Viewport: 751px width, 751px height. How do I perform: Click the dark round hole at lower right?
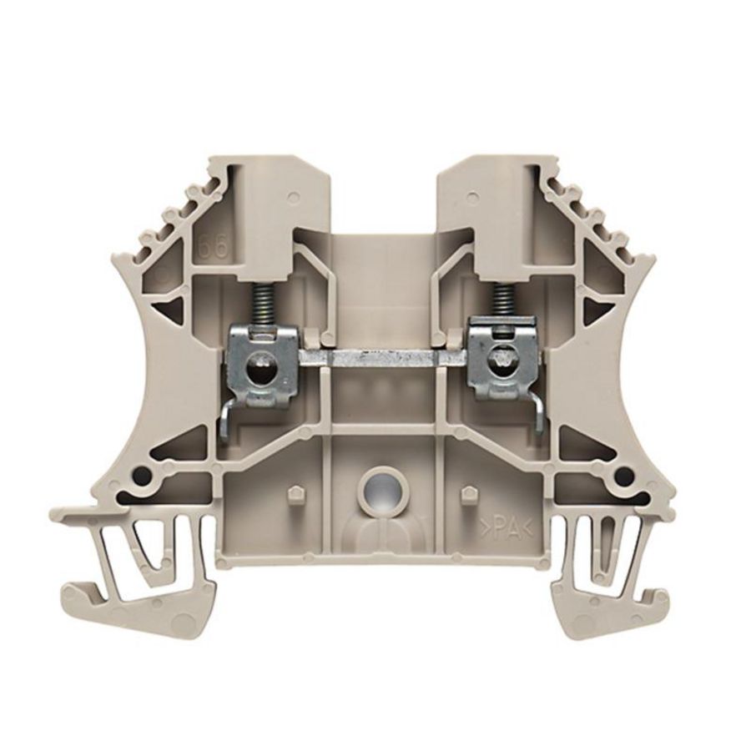pos(620,476)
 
